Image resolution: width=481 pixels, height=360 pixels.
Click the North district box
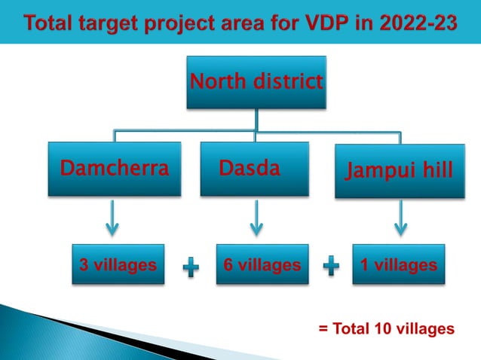click(256, 82)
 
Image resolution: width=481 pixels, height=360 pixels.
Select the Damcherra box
click(115, 169)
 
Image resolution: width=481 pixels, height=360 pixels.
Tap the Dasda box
click(255, 169)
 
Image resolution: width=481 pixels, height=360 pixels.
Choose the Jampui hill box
click(400, 171)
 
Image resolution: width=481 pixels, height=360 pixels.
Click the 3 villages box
click(118, 264)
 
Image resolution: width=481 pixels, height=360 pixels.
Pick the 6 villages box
click(262, 264)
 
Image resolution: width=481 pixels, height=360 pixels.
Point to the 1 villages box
click(399, 264)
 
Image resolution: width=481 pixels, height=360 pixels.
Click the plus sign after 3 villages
click(191, 266)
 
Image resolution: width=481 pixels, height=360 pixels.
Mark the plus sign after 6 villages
click(331, 266)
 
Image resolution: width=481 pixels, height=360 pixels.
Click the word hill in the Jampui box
click(438, 171)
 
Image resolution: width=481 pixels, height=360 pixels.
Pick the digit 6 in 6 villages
click(228, 264)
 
